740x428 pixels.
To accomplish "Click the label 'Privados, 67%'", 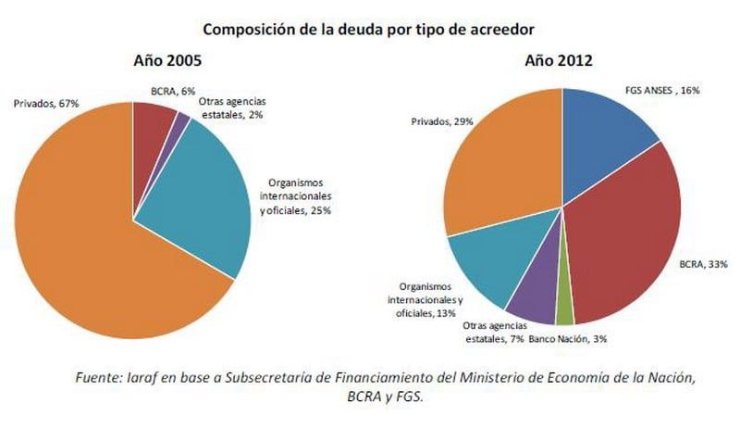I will pyautogui.click(x=45, y=103).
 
